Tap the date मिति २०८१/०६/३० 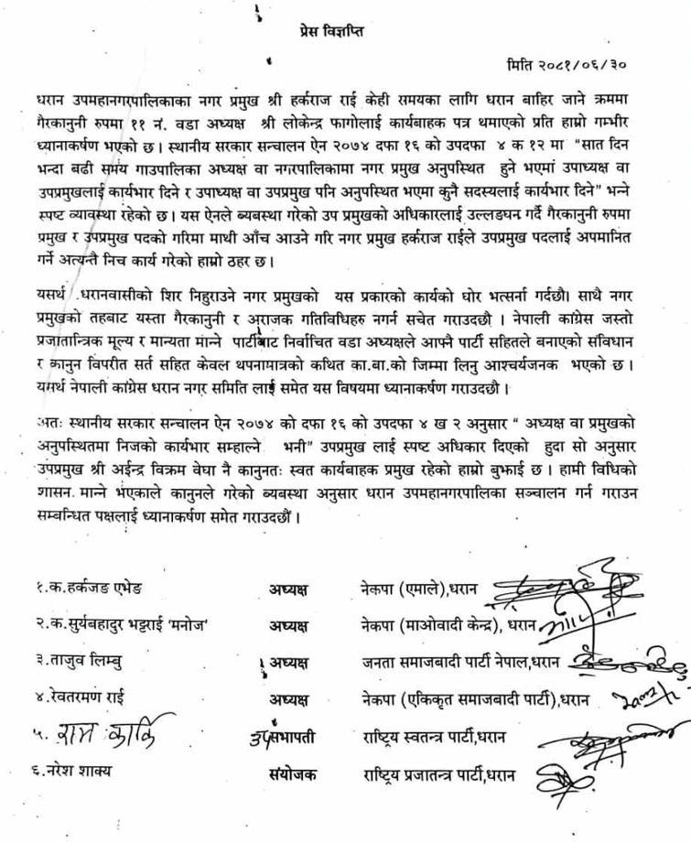point(581,66)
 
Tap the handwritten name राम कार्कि point(101,739)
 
